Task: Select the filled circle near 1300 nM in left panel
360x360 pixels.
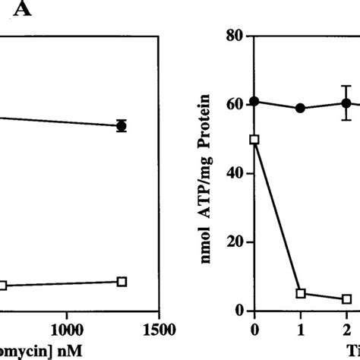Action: click(x=122, y=125)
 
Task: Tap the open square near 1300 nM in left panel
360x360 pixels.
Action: click(x=122, y=281)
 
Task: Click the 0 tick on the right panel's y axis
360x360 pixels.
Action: click(x=238, y=310)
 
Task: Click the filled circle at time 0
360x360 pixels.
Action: click(x=254, y=101)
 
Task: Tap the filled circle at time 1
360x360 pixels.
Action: click(x=301, y=108)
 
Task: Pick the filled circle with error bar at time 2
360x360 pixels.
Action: click(x=346, y=103)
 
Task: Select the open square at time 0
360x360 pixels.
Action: click(x=254, y=139)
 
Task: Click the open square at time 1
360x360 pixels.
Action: click(x=301, y=293)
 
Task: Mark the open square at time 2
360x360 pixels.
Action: click(x=346, y=299)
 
